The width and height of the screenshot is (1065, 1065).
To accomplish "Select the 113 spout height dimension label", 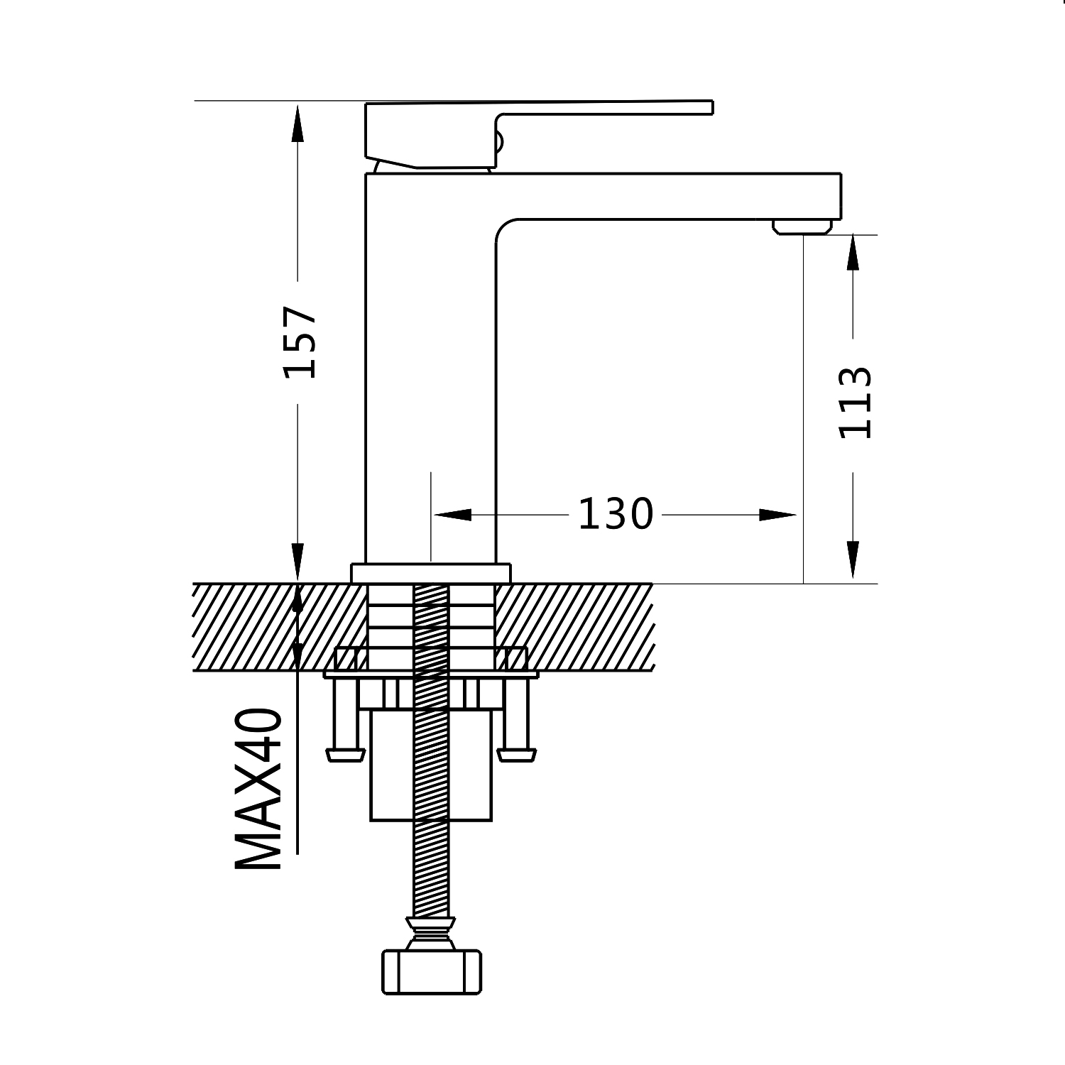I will coord(855,403).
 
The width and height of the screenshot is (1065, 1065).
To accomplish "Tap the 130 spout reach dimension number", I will coord(615,514).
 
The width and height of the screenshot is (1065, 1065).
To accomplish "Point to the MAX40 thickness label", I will coord(259,788).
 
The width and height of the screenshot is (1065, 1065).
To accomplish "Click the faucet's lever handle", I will coord(540,121).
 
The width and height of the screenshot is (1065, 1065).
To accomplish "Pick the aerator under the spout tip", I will coord(802,226).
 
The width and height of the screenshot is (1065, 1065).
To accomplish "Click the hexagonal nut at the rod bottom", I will coord(432,971).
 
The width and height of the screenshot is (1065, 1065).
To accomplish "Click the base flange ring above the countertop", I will coord(430,574).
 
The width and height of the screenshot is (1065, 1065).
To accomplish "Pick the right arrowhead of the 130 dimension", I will coord(777,515).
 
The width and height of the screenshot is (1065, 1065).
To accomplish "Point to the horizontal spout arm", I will coord(667,195).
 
